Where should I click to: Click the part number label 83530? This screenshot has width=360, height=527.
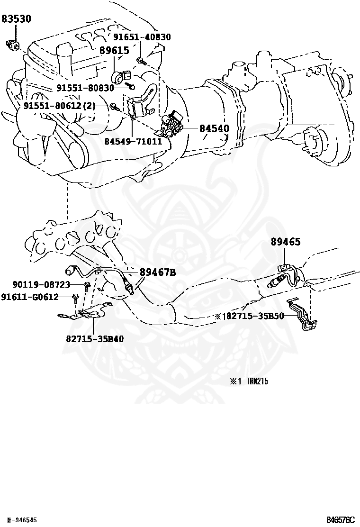16,19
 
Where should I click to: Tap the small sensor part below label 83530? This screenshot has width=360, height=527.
13,44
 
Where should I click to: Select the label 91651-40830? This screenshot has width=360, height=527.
142,37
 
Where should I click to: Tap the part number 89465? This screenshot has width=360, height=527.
286,242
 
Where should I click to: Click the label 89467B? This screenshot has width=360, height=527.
158,272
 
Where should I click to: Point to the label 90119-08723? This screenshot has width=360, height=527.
41,284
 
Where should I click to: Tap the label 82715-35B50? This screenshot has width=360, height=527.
254,316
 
